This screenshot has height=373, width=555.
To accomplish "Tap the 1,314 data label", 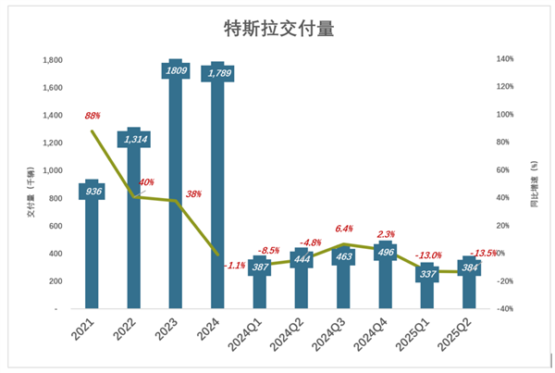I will [x=133, y=138].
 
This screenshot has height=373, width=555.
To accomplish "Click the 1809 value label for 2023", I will [x=175, y=69].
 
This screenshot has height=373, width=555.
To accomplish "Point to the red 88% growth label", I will [x=92, y=117].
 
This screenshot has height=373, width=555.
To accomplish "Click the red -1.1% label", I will [x=234, y=265].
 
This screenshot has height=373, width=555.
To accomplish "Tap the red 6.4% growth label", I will [x=343, y=228].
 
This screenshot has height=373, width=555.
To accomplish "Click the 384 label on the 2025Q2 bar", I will [x=469, y=267].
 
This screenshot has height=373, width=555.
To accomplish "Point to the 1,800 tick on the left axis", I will [x=52, y=60].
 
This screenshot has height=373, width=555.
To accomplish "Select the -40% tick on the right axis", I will [x=504, y=309].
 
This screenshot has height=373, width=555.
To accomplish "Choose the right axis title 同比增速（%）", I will [x=535, y=184].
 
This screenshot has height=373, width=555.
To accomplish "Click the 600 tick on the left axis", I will [x=55, y=226].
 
